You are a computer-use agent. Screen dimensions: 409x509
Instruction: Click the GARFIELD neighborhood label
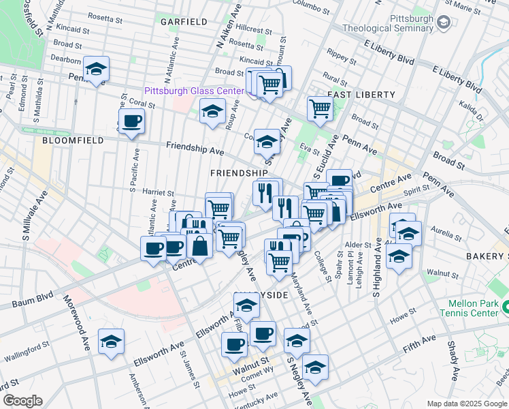pos(184,22)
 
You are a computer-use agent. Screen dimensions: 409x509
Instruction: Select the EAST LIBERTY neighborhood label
pos(361,94)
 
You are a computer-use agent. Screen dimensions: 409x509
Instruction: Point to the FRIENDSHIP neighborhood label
pos(238,174)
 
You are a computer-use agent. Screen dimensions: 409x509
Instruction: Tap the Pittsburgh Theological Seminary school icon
pos(444,22)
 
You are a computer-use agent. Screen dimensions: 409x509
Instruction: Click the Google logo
pos(22,400)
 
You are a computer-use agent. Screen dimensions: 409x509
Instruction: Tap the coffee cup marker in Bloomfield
pos(131,122)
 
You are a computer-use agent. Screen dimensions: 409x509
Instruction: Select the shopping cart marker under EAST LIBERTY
pos(319,107)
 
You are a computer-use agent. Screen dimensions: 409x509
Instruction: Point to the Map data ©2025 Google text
pos(466,404)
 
